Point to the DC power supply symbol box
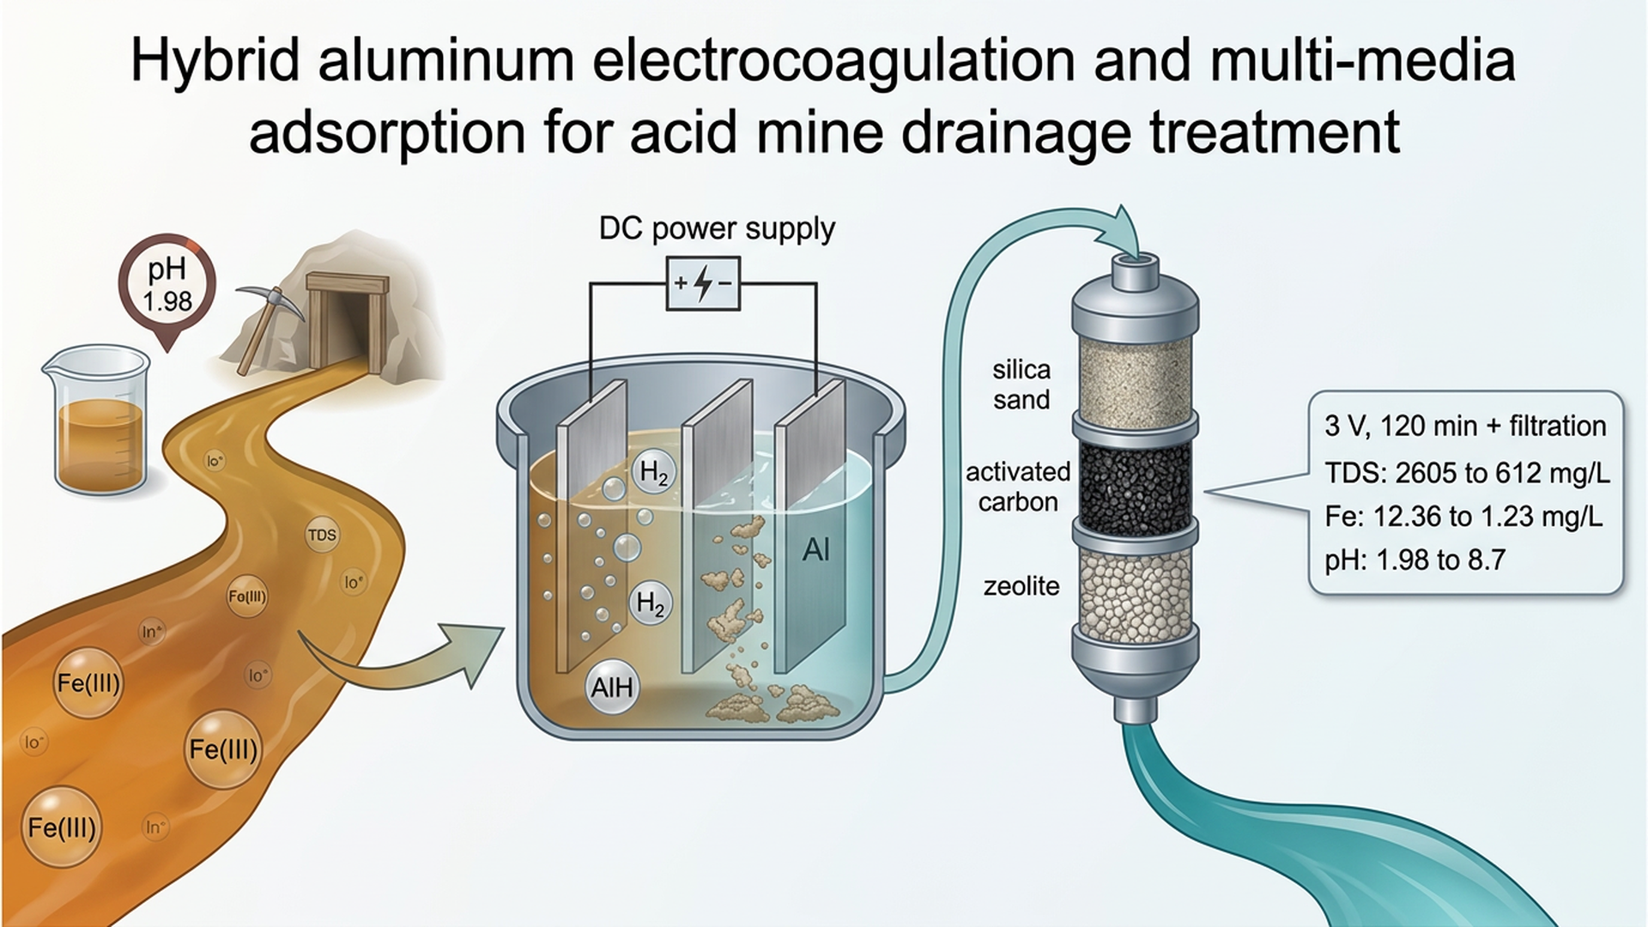pos(703,283)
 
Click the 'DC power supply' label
pos(717,228)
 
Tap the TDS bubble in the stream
pos(322,535)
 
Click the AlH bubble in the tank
pos(612,688)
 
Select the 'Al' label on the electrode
pos(816,549)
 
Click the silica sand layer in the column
pos(1135,378)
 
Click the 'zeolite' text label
pos(1021,586)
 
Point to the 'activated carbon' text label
pos(1018,487)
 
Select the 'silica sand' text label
pos(1021,385)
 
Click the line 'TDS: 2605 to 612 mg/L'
pos(1467,472)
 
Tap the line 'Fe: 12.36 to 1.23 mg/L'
pos(1463,516)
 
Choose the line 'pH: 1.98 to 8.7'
pos(1415,560)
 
